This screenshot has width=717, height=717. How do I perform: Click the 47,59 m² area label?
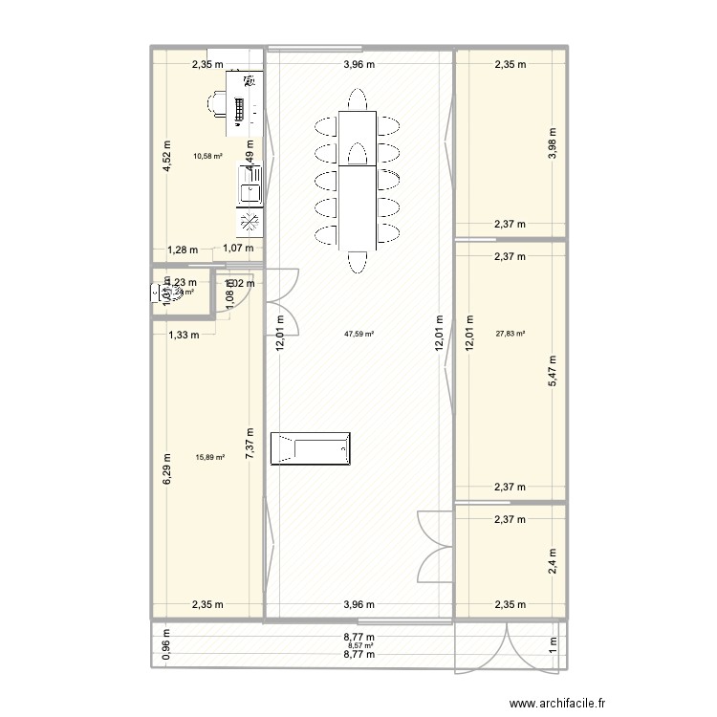pyautogui.click(x=359, y=335)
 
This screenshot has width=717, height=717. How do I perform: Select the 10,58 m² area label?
pyautogui.click(x=207, y=156)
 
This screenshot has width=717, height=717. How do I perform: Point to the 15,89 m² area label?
pyautogui.click(x=209, y=457)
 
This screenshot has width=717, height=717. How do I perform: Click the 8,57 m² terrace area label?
pyautogui.click(x=359, y=646)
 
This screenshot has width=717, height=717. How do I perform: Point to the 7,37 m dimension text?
pyautogui.click(x=250, y=445)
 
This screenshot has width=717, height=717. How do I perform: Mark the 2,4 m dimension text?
pyautogui.click(x=552, y=558)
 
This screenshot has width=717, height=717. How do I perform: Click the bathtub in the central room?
pyautogui.click(x=312, y=448)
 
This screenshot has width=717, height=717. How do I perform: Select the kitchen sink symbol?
pyautogui.click(x=250, y=191)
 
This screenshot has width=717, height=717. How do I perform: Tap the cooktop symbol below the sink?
pyautogui.click(x=250, y=223)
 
